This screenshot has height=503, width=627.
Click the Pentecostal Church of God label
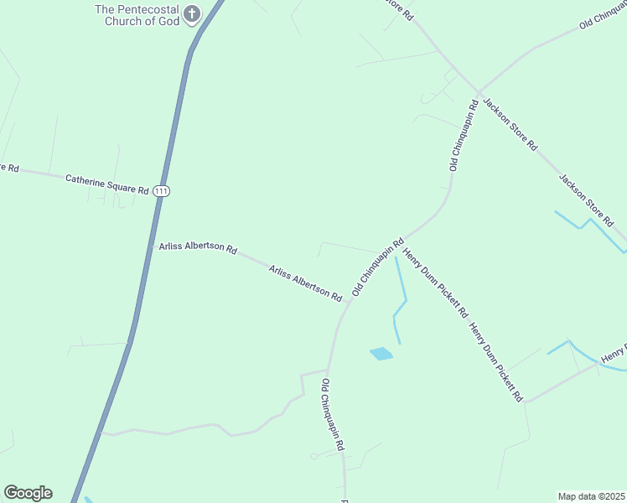[x=137, y=15]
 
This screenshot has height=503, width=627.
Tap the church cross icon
[x=193, y=14]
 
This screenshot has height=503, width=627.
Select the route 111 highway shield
[x=162, y=191]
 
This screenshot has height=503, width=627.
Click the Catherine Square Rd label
[x=106, y=184]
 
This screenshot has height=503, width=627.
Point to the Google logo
[x=28, y=493]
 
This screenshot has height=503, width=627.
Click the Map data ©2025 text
[x=592, y=496]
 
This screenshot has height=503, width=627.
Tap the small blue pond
[x=381, y=354]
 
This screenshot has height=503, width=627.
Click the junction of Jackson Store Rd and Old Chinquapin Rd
[x=479, y=92]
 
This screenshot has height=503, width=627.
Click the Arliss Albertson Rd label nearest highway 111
[x=198, y=248]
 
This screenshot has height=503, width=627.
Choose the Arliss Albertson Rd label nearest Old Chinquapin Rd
[x=306, y=283]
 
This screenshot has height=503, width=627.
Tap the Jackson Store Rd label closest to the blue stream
[x=587, y=200]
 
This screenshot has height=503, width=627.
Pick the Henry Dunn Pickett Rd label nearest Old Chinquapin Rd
[x=435, y=282]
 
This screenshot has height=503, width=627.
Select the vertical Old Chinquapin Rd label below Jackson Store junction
[x=464, y=135]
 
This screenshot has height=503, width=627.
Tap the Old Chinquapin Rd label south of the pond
[x=333, y=415]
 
